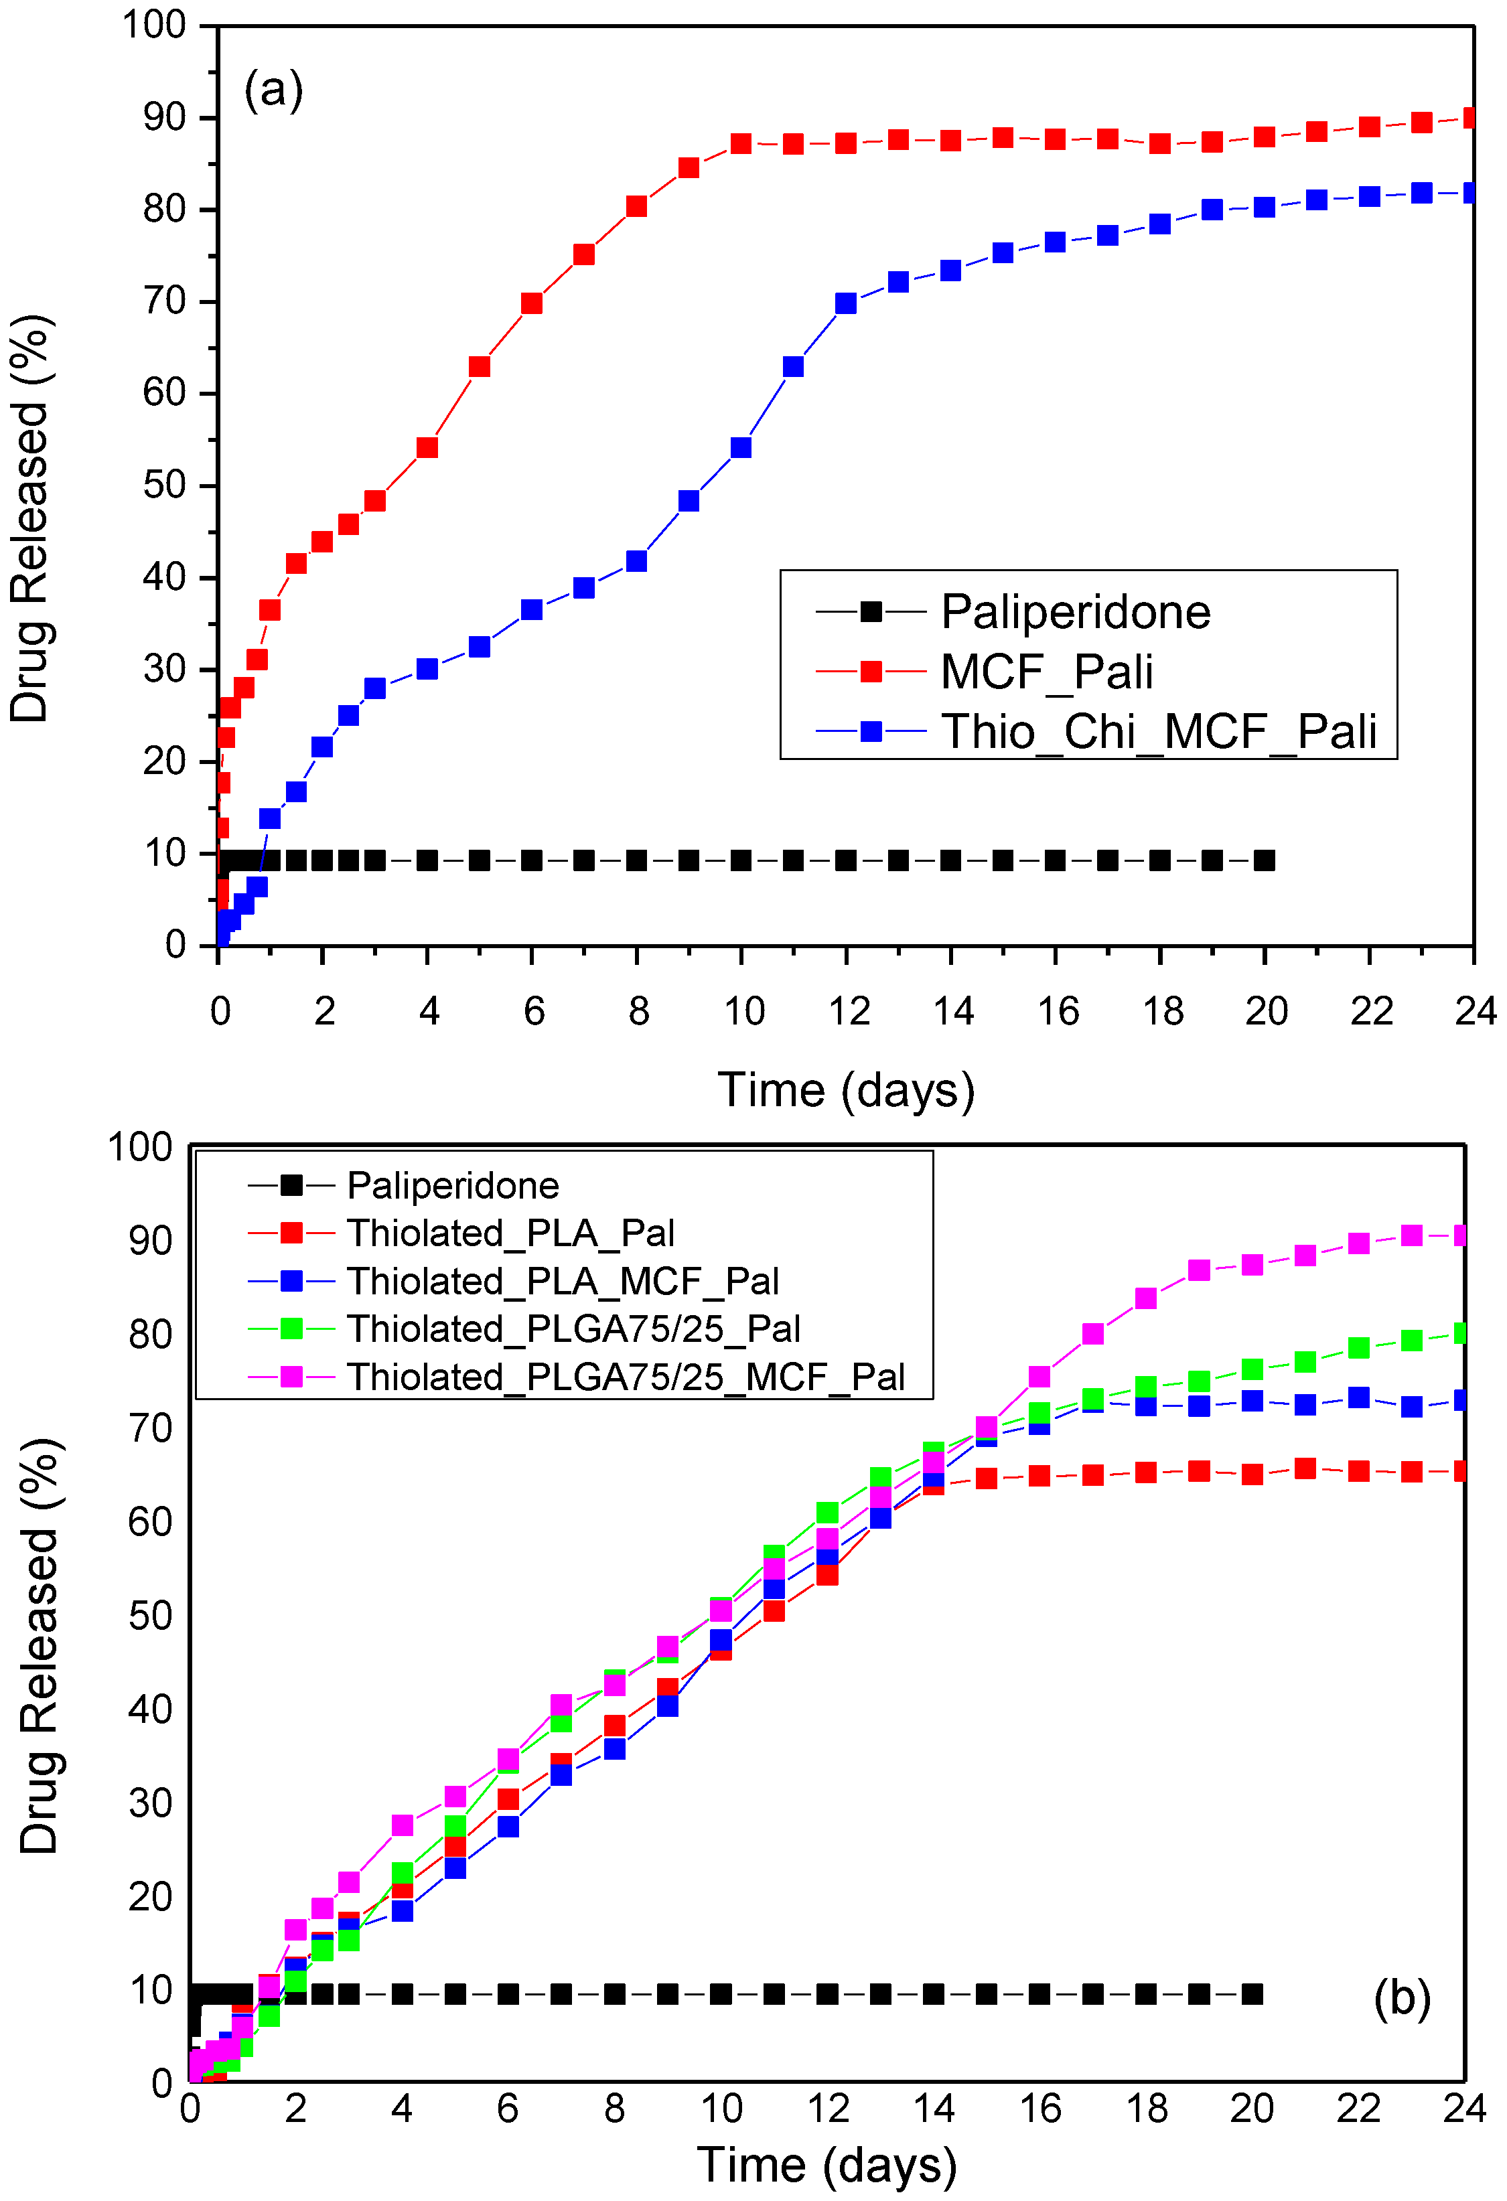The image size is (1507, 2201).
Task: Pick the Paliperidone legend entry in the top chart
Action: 1075,612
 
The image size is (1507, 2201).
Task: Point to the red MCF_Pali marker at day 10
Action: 741,144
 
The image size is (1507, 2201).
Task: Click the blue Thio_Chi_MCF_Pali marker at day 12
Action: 846,303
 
